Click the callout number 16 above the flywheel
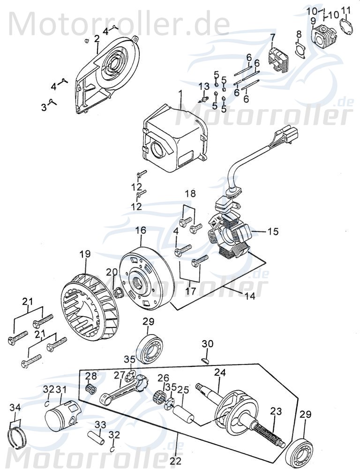click(141, 231)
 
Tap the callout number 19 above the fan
click(84, 254)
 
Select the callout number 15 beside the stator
click(273, 231)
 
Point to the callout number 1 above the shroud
click(179, 94)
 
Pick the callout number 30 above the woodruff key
click(207, 344)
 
